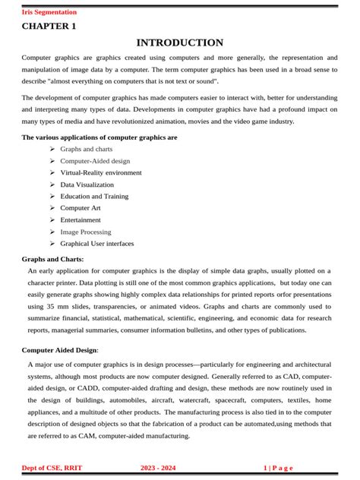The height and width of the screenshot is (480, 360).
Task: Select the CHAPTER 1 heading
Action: (x=49, y=26)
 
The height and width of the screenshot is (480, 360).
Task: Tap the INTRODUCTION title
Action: (x=179, y=43)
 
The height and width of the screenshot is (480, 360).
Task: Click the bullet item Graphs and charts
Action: (x=86, y=149)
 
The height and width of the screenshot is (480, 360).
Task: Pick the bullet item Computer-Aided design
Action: (x=95, y=161)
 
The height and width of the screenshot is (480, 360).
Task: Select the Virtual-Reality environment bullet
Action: (x=100, y=172)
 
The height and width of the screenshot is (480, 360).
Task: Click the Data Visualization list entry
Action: (x=87, y=185)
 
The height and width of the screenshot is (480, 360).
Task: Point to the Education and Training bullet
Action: (x=94, y=196)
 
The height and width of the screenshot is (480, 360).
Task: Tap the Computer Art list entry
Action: (x=81, y=208)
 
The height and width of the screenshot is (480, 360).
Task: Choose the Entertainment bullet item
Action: (x=81, y=219)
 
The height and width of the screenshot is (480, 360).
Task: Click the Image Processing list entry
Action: (x=85, y=232)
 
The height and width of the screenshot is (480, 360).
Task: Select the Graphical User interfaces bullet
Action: (x=96, y=244)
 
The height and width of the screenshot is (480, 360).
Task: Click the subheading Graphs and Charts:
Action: (x=52, y=259)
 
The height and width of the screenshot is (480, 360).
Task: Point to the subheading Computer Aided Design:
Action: (x=60, y=350)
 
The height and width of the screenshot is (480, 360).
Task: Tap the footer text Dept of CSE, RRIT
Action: (x=53, y=468)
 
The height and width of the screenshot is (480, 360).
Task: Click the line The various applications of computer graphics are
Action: (x=99, y=137)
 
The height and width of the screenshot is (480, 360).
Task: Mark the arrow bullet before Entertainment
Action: (x=52, y=219)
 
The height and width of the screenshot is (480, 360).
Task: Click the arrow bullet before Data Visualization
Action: (x=52, y=185)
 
